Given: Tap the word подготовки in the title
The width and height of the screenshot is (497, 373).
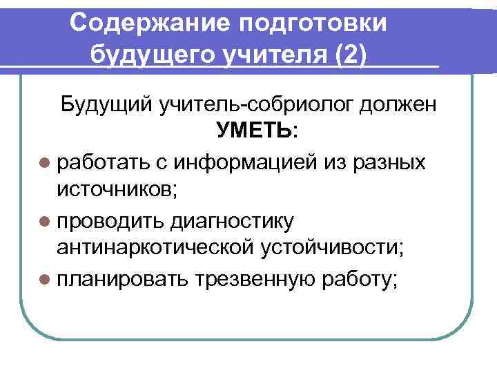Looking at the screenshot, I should [313, 23].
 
